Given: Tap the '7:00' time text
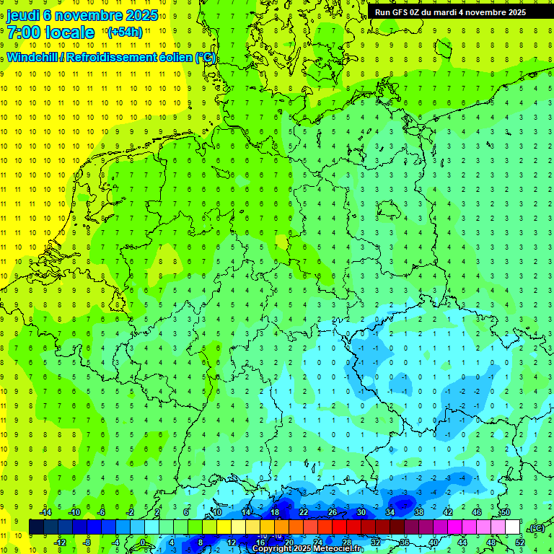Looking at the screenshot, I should coord(24,32).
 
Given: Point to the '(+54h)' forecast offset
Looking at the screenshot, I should coord(125,32).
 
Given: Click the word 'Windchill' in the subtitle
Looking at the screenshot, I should coord(32,58).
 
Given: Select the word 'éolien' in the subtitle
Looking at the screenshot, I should coord(170,58).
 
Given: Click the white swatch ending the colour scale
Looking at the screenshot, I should coord(512,527).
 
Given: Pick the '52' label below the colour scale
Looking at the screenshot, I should coord(520,542).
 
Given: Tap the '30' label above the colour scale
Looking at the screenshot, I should coord(361,512).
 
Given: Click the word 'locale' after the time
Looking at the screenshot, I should coord(69,32).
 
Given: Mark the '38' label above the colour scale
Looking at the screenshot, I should coord(418,512).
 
